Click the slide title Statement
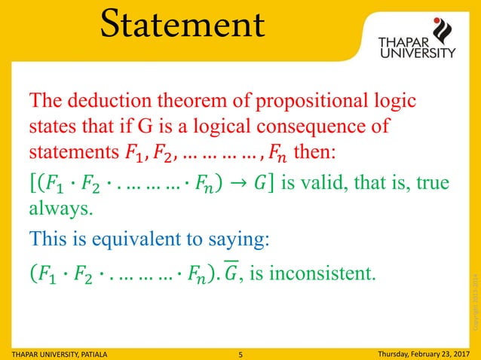(184, 24)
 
